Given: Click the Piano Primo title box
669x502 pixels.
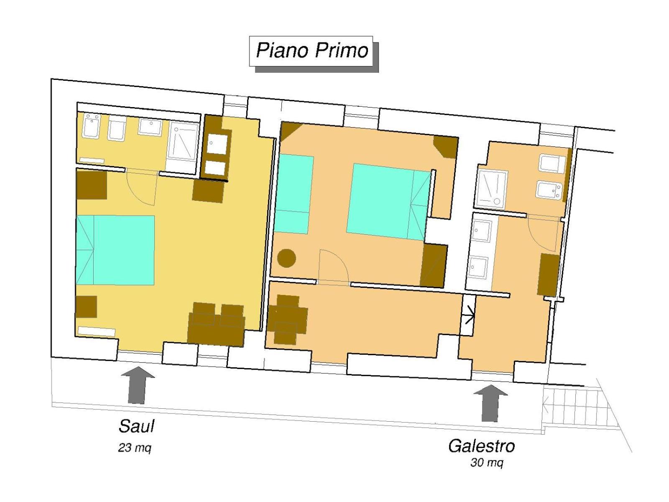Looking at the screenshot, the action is (x=311, y=51).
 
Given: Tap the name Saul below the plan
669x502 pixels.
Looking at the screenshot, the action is (x=136, y=426).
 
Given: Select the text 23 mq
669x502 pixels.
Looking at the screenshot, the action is (x=134, y=448).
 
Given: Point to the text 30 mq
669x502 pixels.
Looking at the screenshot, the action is (x=487, y=463).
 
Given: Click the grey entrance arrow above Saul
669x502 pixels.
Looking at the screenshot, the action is (x=138, y=385).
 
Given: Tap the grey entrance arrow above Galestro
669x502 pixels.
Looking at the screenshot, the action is (x=490, y=403).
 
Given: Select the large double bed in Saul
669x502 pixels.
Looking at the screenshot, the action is (x=115, y=250).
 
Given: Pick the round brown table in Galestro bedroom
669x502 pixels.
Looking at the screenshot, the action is (x=286, y=258).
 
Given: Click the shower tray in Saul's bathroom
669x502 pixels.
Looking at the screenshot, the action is (x=183, y=142).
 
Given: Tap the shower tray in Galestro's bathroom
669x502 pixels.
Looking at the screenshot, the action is (x=492, y=189).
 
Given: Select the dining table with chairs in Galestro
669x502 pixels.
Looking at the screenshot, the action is (x=287, y=320).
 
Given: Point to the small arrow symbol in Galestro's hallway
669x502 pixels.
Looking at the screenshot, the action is (x=468, y=315).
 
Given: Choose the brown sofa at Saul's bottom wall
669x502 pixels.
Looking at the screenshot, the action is (x=216, y=324).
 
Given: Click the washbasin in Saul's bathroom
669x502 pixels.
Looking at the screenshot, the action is (x=150, y=127).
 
